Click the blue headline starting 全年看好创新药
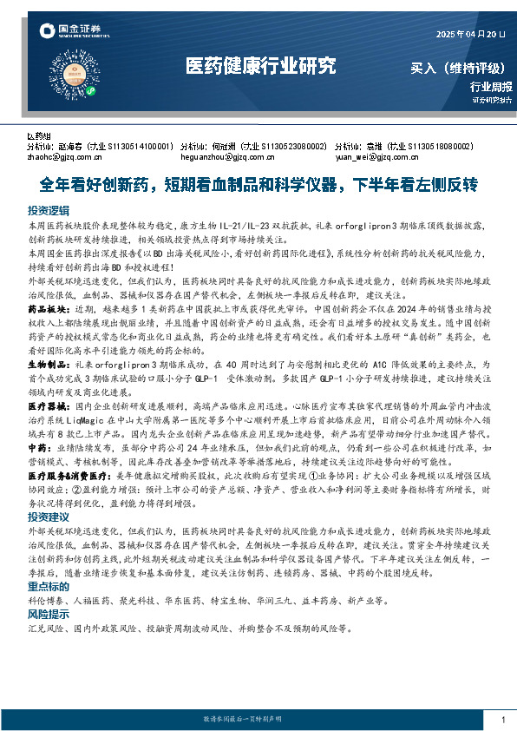tap(259, 185)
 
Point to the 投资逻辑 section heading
tap(48, 211)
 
